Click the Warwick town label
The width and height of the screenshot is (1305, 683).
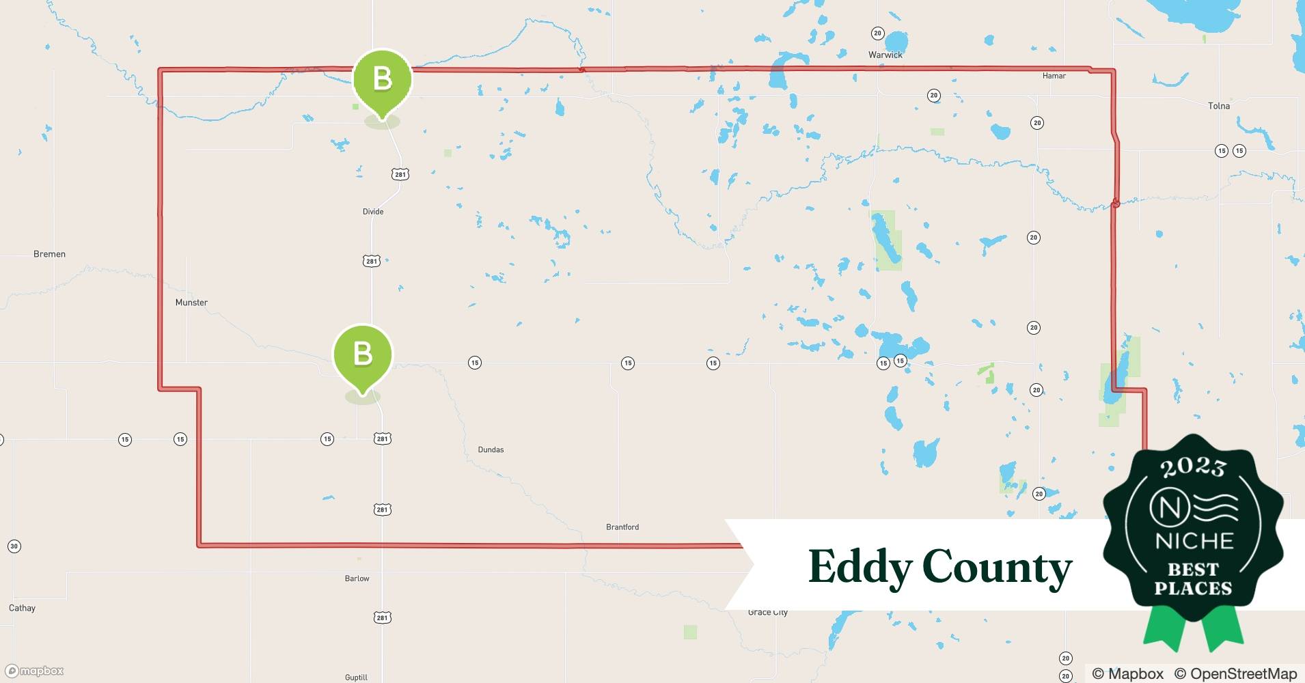885,55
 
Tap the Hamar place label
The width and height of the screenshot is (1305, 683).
1054,76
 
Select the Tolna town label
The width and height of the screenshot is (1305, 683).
1218,106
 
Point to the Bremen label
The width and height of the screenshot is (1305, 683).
49,254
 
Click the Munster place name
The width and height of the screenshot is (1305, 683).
191,303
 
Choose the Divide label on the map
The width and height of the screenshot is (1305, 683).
372,212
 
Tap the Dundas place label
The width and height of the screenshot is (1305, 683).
491,450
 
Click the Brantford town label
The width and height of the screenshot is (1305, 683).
622,527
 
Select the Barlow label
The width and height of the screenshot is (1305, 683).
357,579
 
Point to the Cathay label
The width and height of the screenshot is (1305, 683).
22,608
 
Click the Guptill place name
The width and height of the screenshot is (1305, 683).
356,678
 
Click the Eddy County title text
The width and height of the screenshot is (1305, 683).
939,567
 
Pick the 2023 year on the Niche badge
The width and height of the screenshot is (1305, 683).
1193,466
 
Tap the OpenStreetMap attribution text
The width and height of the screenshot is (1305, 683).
1235,673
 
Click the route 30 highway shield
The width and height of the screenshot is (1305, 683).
14,546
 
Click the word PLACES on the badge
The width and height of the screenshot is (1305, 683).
1193,588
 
